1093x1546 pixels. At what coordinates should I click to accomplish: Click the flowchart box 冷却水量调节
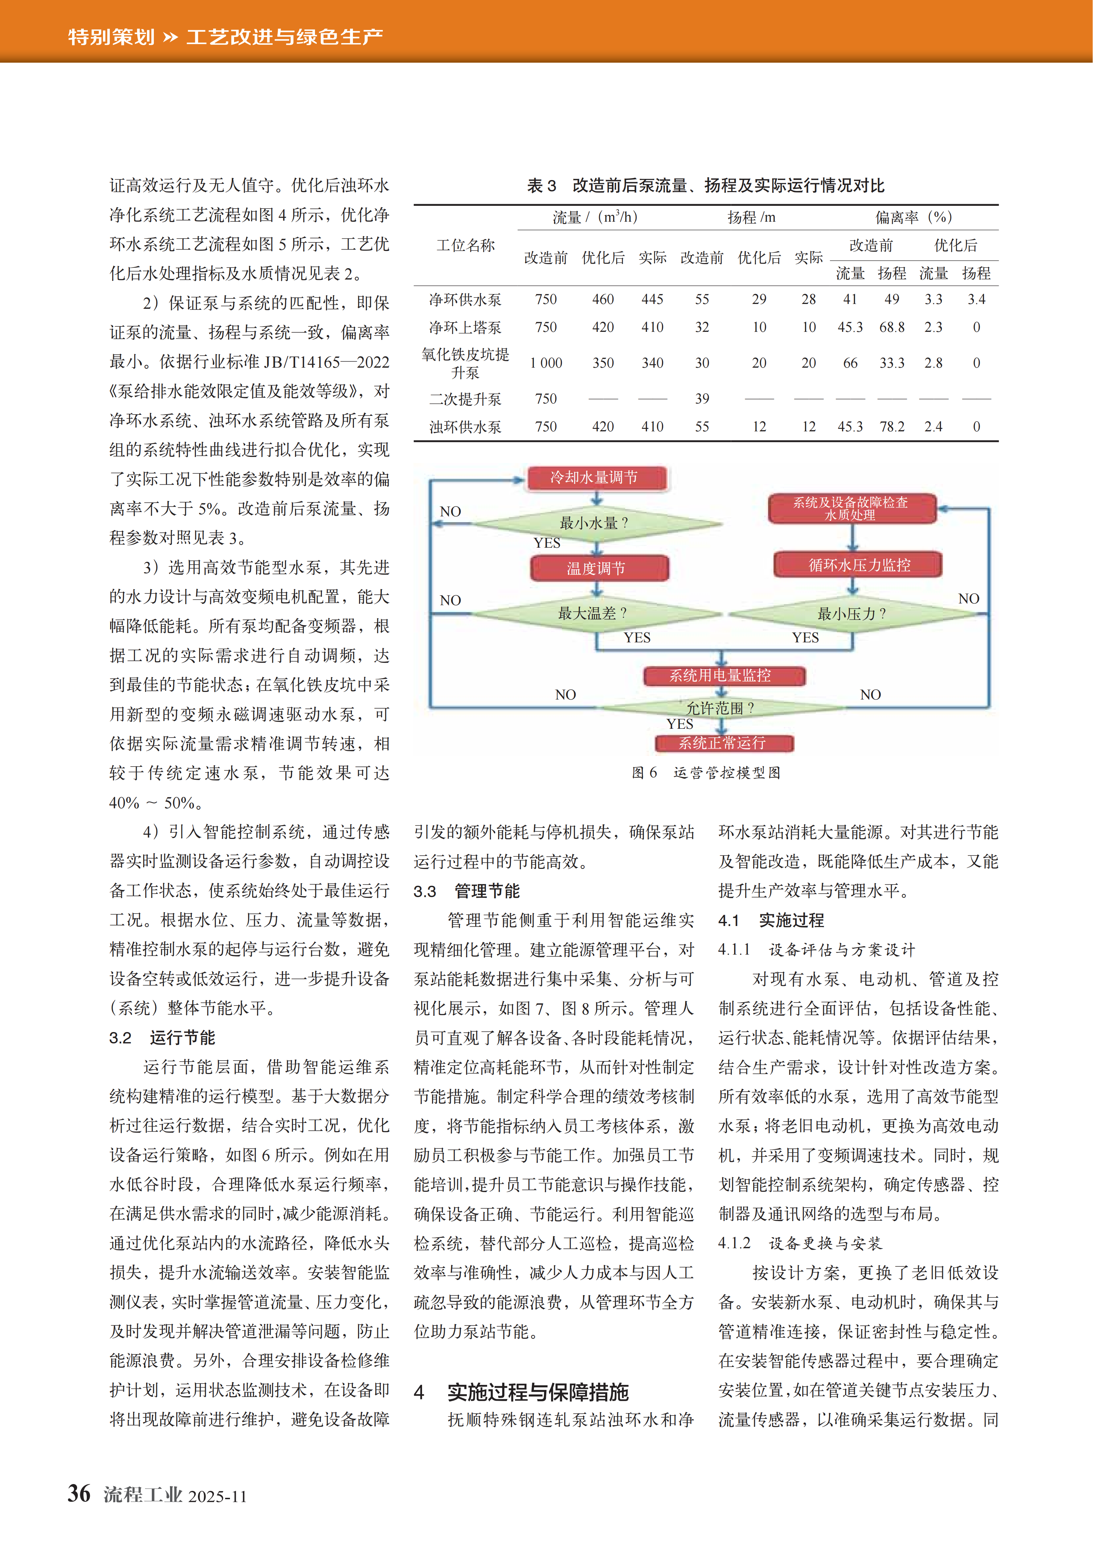[x=597, y=477]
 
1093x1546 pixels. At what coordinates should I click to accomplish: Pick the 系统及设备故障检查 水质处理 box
[x=851, y=508]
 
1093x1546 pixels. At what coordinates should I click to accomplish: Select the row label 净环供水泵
[x=465, y=299]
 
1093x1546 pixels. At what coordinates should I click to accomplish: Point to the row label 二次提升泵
[x=465, y=399]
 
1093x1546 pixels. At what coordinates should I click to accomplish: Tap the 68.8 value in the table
[x=892, y=327]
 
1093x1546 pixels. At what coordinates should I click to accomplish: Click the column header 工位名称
[x=465, y=245]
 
